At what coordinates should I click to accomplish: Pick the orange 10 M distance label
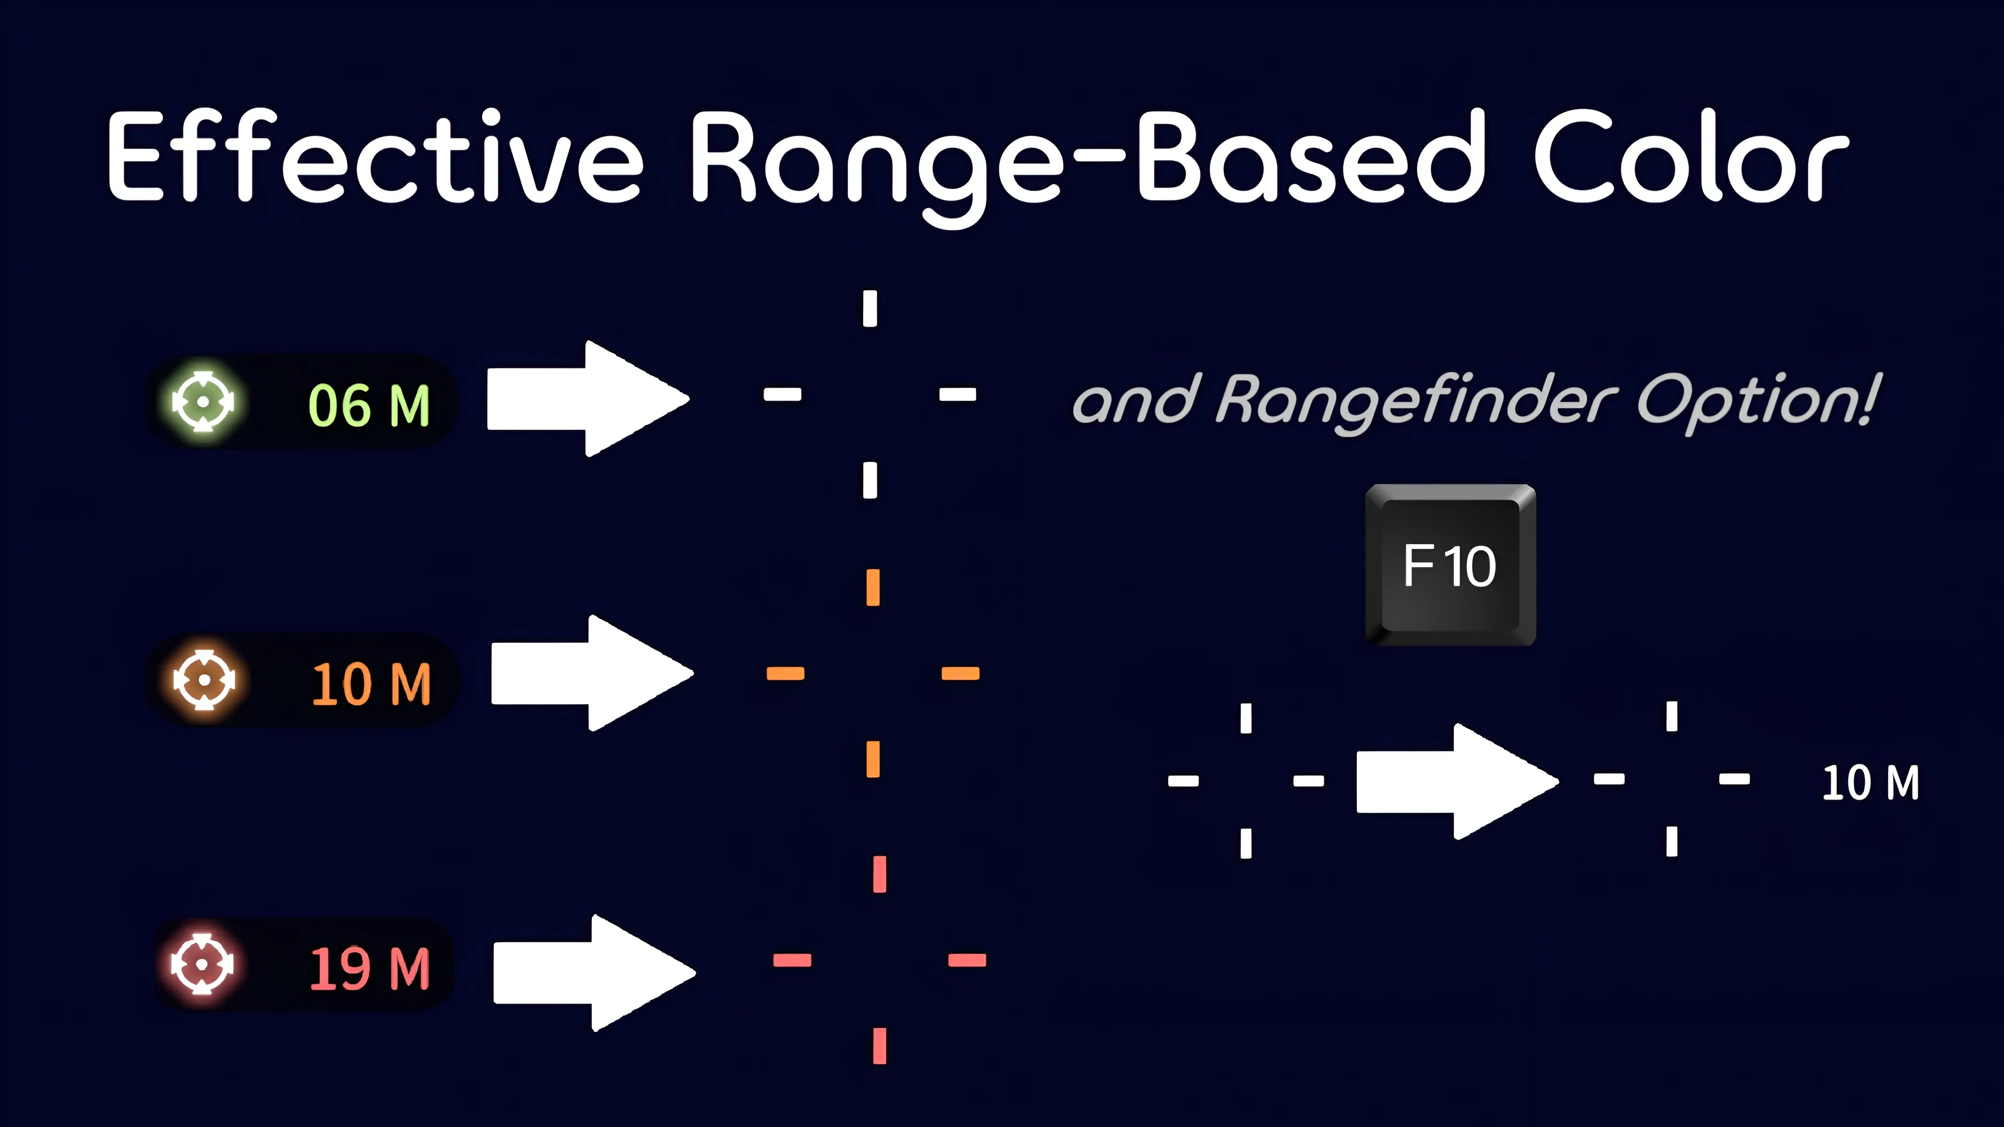pos(371,685)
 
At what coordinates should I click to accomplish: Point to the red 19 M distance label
pos(369,968)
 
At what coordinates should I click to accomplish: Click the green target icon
pos(203,401)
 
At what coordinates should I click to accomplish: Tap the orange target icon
pos(205,680)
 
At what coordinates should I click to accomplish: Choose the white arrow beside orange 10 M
pos(592,673)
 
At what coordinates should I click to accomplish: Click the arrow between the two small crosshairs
pos(1457,781)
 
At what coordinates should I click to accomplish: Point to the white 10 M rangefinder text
pos(1870,783)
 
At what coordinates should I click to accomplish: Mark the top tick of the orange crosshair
pos(873,587)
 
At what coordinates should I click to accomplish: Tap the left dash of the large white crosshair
pos(782,394)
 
